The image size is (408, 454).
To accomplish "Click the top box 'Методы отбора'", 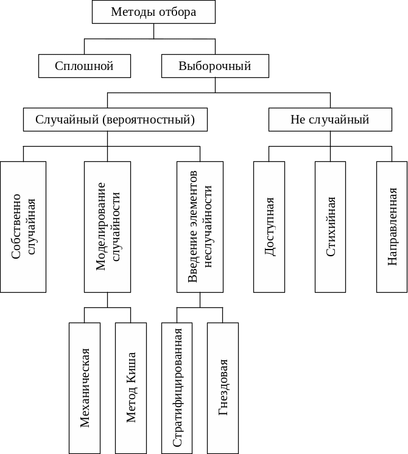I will click(x=153, y=12).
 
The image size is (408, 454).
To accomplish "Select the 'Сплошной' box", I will click(x=85, y=66).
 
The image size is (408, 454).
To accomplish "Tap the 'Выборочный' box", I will click(x=215, y=66).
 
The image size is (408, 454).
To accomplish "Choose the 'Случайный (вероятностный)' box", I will click(x=115, y=120).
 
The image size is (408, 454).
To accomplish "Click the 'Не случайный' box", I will click(x=330, y=120).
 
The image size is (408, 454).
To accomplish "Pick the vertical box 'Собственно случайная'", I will click(x=23, y=226).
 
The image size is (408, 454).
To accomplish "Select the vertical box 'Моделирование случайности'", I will click(x=107, y=226).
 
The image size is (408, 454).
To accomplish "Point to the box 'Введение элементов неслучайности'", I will click(x=200, y=226).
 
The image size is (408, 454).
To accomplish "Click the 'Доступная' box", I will click(x=269, y=226).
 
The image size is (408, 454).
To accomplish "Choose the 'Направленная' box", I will click(x=392, y=226).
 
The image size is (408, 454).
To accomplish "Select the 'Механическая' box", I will click(x=85, y=388).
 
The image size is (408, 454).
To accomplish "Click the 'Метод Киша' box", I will click(x=131, y=388).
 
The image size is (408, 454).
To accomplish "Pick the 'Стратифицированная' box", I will click(x=177, y=388).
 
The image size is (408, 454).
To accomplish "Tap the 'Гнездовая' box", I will click(x=223, y=388).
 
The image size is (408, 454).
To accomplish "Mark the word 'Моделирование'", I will click(x=101, y=226).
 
